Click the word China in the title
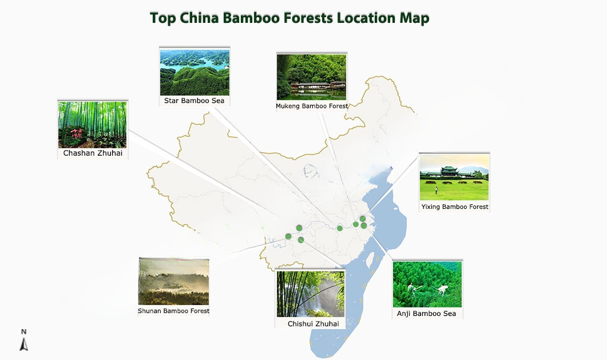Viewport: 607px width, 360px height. (200, 18)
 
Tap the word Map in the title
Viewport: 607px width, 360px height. (413, 18)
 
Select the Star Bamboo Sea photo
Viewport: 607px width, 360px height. (195, 73)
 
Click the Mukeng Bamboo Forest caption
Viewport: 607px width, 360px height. (312, 106)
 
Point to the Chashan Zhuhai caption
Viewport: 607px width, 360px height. (93, 153)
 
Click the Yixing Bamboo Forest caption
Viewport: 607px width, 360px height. (455, 207)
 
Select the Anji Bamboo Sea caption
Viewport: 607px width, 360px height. (427, 314)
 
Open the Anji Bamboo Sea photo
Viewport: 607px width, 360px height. (427, 284)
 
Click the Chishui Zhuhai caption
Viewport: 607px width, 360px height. (314, 324)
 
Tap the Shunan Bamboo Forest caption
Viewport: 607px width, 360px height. (174, 311)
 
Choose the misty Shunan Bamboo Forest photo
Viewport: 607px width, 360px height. (173, 282)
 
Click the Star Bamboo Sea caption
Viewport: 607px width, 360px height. (195, 101)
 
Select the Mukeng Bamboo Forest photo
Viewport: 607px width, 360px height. (312, 77)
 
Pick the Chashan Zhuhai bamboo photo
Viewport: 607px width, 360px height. (93, 125)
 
